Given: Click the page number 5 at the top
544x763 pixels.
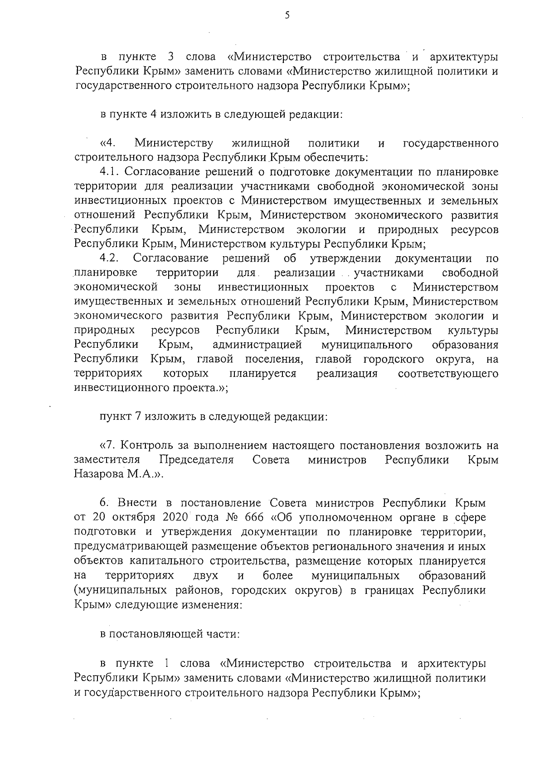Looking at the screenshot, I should point(287,15).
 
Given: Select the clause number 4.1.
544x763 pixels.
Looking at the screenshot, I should point(109,172).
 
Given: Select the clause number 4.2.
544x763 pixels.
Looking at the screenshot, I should point(109,258).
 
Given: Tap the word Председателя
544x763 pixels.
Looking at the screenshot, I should point(196,460).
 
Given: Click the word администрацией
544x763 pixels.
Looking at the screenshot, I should point(257,345).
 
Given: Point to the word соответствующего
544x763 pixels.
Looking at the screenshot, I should point(448,374).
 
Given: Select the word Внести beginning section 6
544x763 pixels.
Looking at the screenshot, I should point(137,503).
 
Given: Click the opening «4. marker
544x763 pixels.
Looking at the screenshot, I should point(107,144).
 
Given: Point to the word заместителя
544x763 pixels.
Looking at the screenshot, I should point(107,460).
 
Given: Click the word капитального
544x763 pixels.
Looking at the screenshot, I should point(166,561).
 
